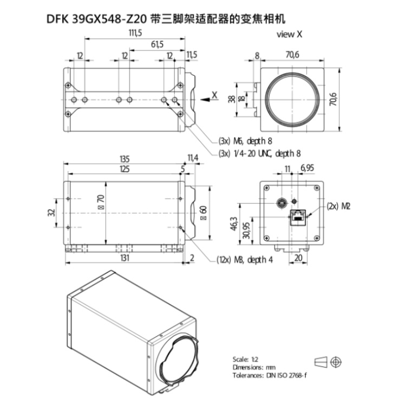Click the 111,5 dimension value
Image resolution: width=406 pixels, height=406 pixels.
[135, 33]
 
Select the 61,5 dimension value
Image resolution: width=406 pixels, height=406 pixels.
[157, 44]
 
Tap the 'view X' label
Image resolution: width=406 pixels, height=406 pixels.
[289, 34]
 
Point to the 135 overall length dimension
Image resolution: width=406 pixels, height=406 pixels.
[125, 159]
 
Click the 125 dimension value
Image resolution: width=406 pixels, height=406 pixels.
[125, 169]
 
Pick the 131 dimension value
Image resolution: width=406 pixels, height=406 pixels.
[125, 258]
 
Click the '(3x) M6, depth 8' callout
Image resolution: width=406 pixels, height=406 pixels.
[245, 141]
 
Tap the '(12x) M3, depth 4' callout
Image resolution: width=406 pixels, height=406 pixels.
[245, 259]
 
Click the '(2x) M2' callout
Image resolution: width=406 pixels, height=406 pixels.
[338, 206]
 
